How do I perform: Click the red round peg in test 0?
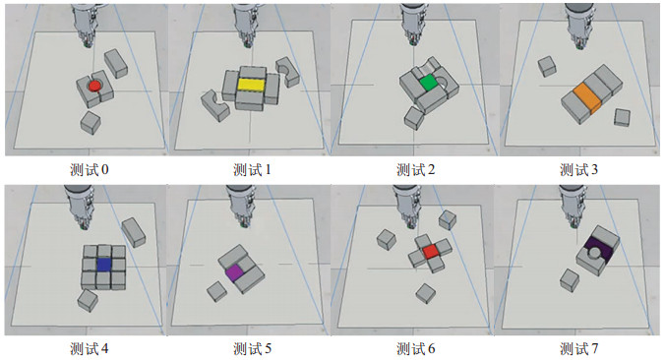tap(94, 87)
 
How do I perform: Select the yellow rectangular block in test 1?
tap(251, 85)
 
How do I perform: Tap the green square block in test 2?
tap(428, 82)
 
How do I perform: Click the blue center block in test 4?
tap(104, 265)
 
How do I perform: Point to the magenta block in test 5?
tap(234, 272)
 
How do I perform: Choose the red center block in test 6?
tap(431, 252)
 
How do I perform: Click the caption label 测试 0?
tap(90, 170)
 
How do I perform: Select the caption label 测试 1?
tap(252, 170)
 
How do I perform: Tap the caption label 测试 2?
tap(415, 170)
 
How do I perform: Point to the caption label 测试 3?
tap(578, 170)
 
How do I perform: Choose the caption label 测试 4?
tap(90, 349)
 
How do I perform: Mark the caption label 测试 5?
tap(252, 349)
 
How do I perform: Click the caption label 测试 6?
tap(415, 349)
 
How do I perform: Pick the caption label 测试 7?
tap(578, 349)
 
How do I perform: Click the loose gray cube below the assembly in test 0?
tap(91, 123)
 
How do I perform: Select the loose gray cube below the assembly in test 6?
tap(426, 293)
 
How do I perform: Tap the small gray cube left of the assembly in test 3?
tap(547, 67)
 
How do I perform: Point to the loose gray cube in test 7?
tap(570, 280)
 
